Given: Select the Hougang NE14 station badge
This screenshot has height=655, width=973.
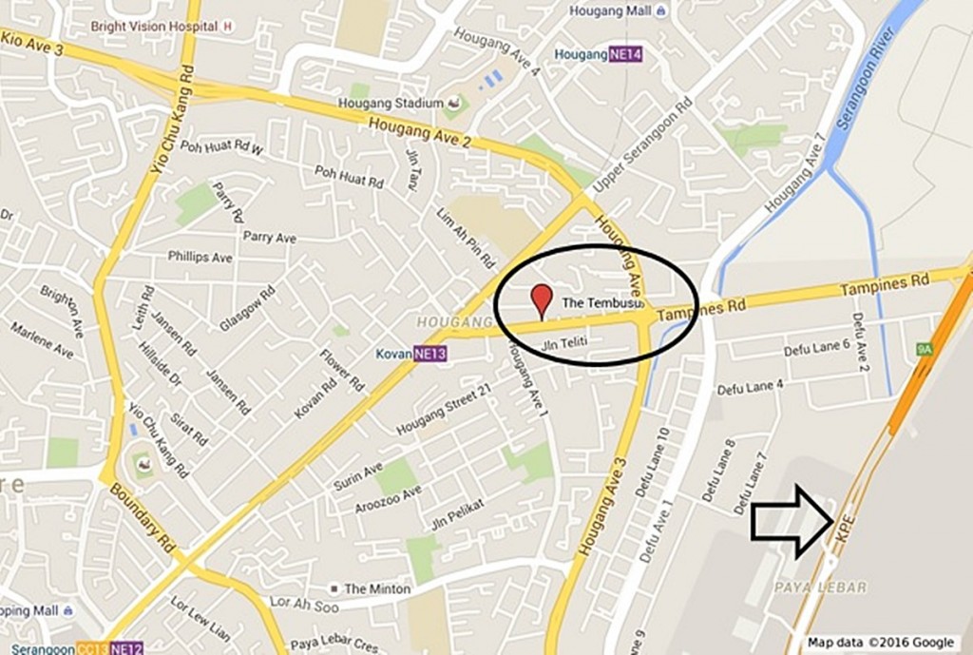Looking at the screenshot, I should [x=626, y=54].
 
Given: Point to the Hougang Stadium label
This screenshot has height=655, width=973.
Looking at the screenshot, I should [x=391, y=103].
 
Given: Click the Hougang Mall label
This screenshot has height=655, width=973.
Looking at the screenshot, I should [x=611, y=11].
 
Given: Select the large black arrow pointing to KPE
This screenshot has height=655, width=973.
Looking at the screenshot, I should [x=791, y=521].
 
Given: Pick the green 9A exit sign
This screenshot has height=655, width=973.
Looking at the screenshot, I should [x=924, y=350].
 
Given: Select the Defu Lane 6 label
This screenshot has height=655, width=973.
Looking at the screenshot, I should [x=816, y=349].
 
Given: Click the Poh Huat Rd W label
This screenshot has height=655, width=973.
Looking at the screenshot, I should [x=221, y=148].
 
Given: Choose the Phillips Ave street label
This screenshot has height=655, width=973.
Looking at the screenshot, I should [x=200, y=257].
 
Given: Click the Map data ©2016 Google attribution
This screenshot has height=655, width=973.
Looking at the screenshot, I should [x=881, y=643].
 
